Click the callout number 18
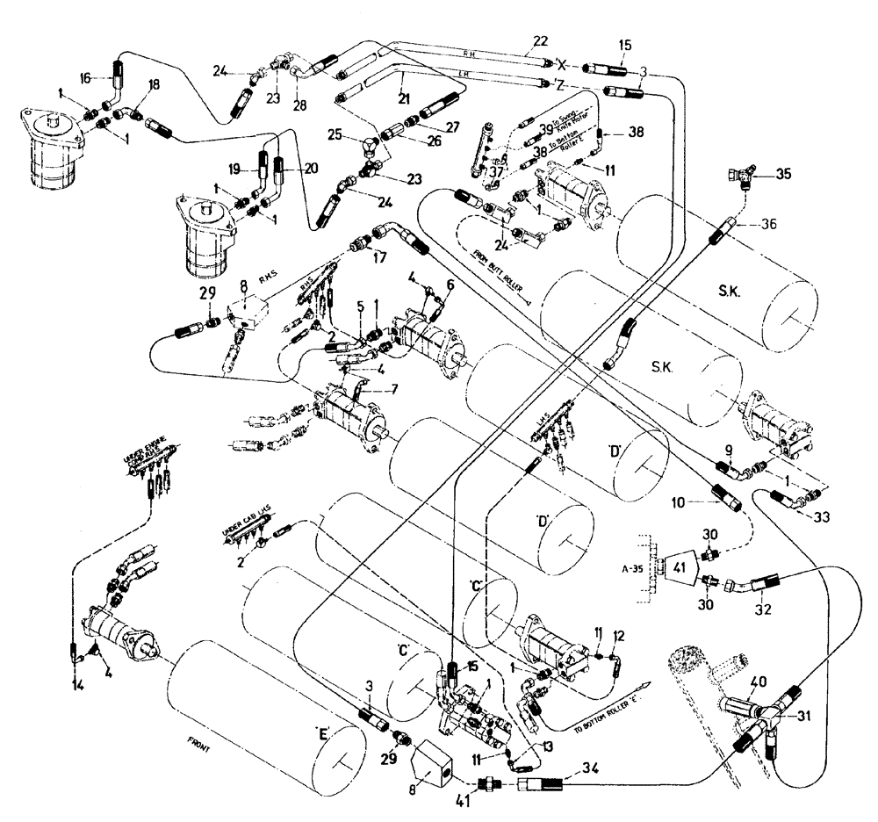(x=155, y=85)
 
